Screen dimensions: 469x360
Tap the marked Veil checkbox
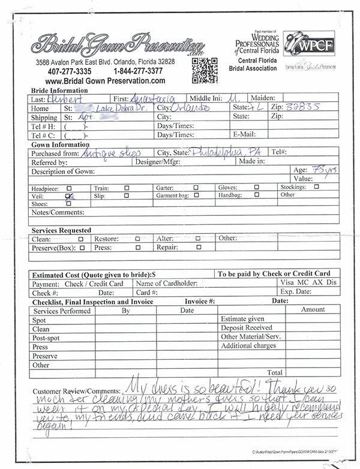point(69,196)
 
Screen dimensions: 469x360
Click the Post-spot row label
point(47,337)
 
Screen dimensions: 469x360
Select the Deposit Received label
point(247,328)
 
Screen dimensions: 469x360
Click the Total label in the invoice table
point(274,372)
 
